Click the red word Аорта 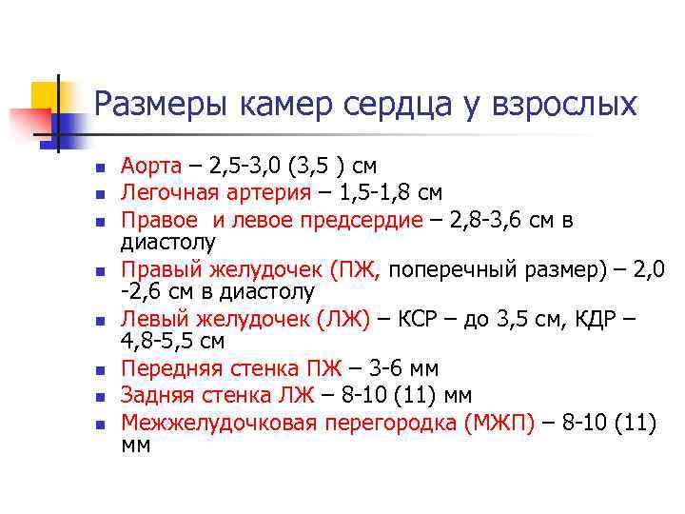point(149,167)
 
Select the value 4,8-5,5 point(160,340)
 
